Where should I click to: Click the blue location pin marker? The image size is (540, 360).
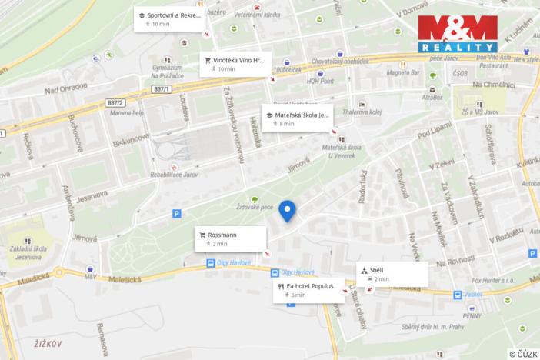point(288,210)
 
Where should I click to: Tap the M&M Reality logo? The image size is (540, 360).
point(457,34)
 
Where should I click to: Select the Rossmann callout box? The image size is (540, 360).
point(229,238)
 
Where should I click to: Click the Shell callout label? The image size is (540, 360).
point(392,274)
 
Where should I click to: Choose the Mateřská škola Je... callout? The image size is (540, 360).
point(296,118)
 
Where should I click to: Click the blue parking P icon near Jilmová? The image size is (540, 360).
point(176,214)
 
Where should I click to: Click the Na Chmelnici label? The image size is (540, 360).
point(493,85)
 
